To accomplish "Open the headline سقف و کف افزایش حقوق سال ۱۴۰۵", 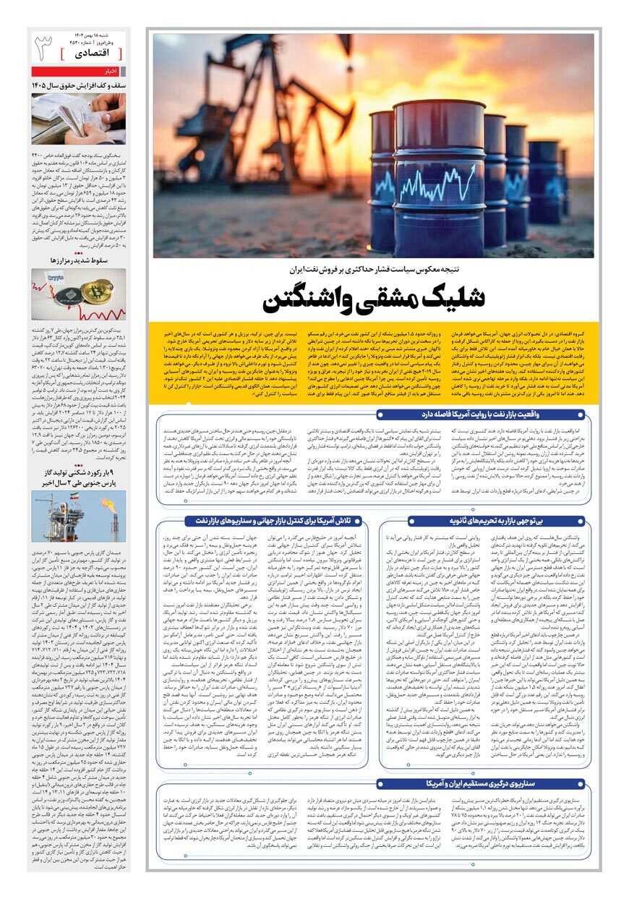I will [80, 85].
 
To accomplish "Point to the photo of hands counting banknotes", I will [79, 118].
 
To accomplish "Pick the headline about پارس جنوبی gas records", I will [80, 477].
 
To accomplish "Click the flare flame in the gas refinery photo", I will [108, 502].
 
